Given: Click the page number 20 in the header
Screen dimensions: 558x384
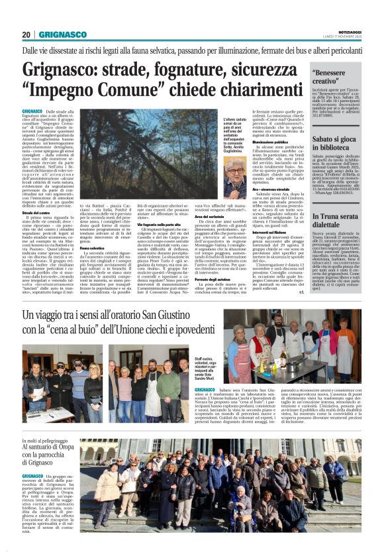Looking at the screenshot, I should click(x=26, y=35).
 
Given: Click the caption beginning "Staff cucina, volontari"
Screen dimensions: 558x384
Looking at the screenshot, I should click(x=202, y=366).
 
